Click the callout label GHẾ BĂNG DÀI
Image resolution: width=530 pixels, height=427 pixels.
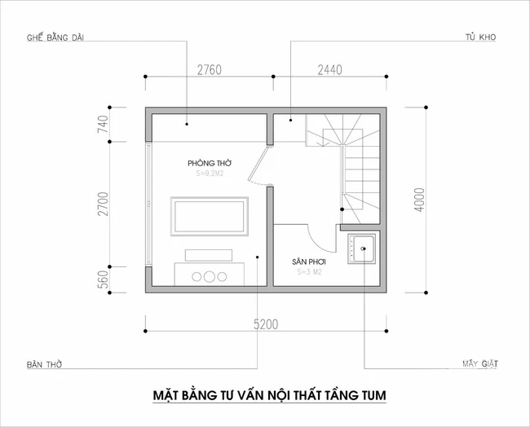55,37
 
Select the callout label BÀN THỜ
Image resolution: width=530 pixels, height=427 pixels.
44,363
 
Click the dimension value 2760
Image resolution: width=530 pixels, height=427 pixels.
210,69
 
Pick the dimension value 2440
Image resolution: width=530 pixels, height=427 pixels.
329,69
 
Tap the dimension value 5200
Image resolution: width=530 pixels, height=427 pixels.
266,324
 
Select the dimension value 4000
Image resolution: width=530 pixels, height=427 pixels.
418,199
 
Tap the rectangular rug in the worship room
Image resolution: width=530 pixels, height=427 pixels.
209,216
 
